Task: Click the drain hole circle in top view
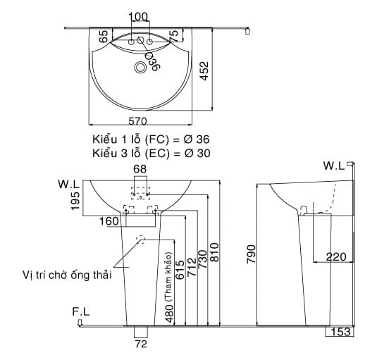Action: click(x=141, y=68)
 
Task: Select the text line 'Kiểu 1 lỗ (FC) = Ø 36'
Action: click(x=151, y=139)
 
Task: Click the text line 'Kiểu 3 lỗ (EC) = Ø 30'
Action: click(x=151, y=152)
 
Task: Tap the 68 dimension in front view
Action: click(x=140, y=168)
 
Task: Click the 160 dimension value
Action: click(x=109, y=221)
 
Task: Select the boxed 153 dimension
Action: click(x=340, y=332)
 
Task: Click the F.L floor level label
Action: click(x=80, y=311)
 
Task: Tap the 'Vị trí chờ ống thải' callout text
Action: click(x=68, y=274)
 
